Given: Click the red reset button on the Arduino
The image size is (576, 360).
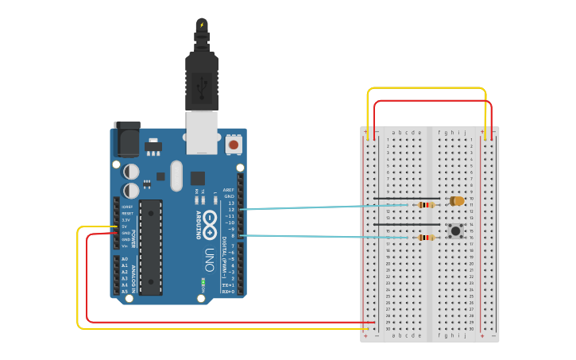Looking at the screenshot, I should pos(234,145).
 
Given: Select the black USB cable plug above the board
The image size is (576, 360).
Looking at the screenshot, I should pos(202,79).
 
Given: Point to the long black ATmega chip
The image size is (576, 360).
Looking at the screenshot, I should pos(151,247).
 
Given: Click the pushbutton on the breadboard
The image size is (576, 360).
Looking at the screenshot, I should pos(455,230).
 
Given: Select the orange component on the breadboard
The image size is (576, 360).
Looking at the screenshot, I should pos(457,201).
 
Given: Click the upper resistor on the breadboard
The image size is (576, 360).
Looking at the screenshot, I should pos(427,205).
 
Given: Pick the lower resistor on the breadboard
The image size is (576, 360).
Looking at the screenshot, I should pos(427,237).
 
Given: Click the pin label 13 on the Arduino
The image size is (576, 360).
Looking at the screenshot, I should pos(230,203).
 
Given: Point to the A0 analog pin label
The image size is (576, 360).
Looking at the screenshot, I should pos(125,259).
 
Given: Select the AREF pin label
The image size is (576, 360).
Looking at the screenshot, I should pos(229,190).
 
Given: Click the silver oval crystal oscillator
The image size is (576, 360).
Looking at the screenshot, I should pos(176,175).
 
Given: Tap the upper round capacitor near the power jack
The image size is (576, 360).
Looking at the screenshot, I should pos(132,172).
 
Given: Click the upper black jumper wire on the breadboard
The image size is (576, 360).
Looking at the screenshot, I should pos(405,199).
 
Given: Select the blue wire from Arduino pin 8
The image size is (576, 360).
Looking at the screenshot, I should pos(318,236).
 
